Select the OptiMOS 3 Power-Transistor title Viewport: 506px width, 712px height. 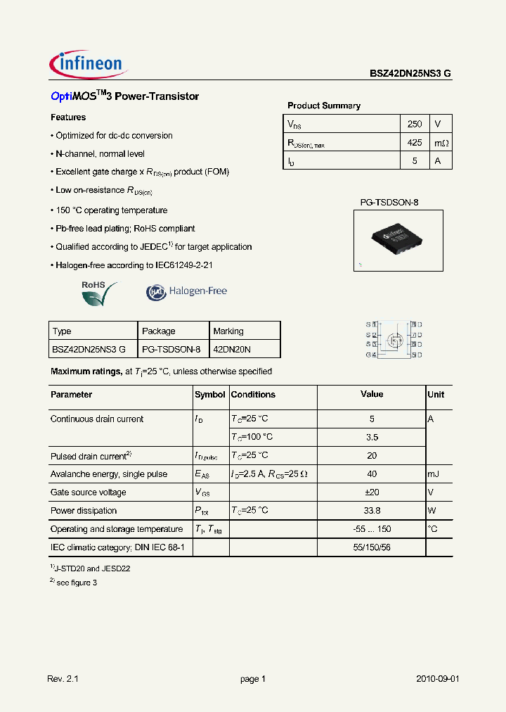(x=125, y=96)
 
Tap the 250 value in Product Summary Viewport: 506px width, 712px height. (x=415, y=124)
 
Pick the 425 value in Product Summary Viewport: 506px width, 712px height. (x=415, y=142)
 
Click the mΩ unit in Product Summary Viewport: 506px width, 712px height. (x=440, y=143)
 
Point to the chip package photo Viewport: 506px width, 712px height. (x=398, y=241)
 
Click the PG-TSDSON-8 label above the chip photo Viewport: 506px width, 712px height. (x=389, y=203)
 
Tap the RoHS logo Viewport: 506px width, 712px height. (x=98, y=293)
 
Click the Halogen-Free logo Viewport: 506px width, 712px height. (x=187, y=291)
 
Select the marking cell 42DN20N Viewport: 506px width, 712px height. (x=232, y=349)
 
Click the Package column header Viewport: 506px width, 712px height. (x=159, y=331)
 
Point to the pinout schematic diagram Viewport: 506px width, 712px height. (x=394, y=340)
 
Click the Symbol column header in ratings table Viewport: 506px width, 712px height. (x=210, y=395)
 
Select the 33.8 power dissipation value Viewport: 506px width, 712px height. (x=372, y=511)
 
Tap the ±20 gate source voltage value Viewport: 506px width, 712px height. (x=372, y=492)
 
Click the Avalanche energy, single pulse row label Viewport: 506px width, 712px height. (x=109, y=474)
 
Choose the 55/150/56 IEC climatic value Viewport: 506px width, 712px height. (x=372, y=547)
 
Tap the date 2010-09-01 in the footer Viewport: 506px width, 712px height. (x=438, y=679)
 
